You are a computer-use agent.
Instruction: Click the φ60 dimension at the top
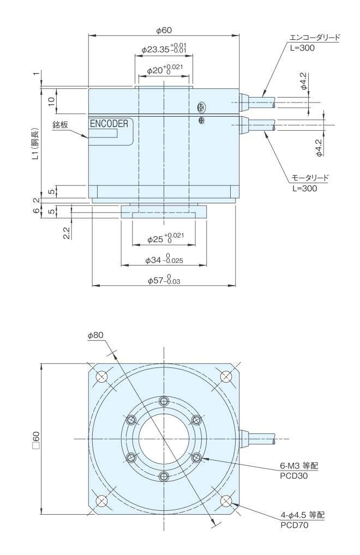[x=164, y=30]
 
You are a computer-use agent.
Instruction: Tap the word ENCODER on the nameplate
[x=109, y=124]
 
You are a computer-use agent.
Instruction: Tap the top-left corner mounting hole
[x=101, y=376]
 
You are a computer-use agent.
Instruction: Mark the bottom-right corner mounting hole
[x=225, y=500]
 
